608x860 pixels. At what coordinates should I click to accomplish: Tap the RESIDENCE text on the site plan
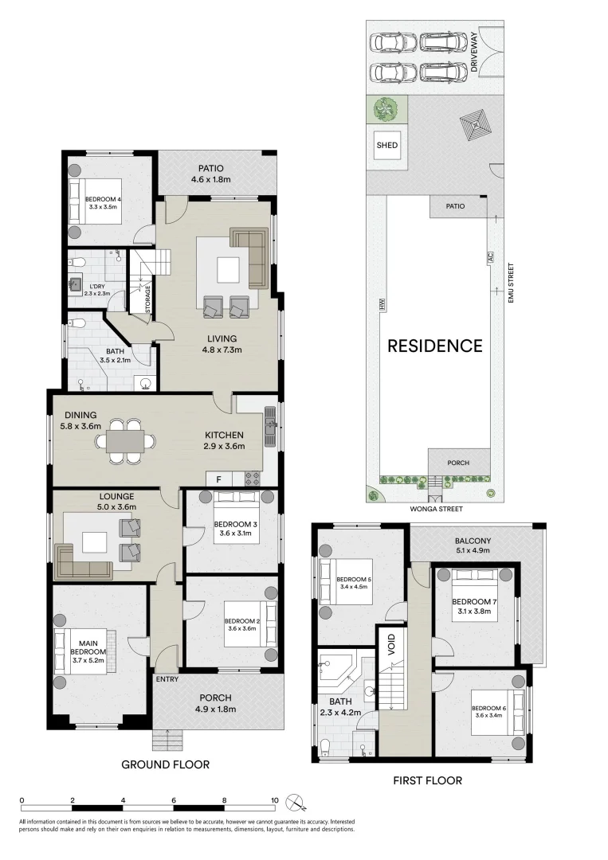pos(435,346)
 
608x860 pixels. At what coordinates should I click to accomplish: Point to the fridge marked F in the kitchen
pos(218,479)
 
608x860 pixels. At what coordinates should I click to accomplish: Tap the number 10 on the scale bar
pos(275,801)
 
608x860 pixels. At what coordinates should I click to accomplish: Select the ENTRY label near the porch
pos(167,679)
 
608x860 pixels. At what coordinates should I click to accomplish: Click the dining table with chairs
pos(127,441)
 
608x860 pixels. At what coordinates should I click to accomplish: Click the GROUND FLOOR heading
pos(165,764)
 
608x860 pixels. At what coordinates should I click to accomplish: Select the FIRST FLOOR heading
pos(427,780)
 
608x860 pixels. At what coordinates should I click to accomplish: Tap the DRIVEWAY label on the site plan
pos(475,53)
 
